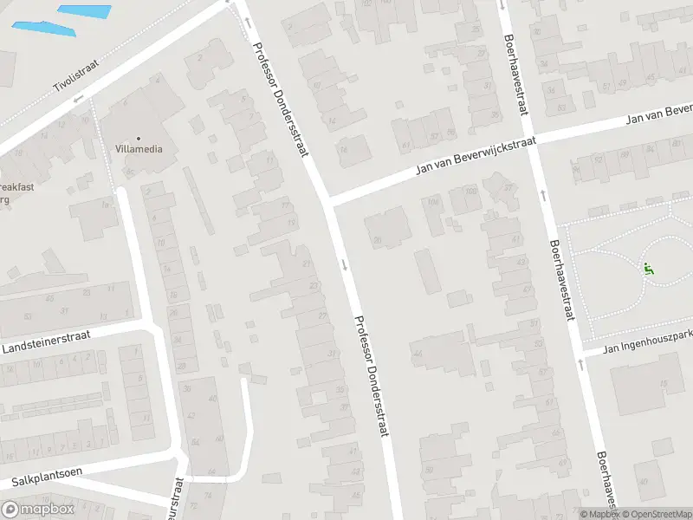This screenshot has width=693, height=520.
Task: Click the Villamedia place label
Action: coord(139,149)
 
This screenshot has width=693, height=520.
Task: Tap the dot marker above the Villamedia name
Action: coord(139,138)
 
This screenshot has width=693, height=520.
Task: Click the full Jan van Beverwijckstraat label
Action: coord(476,155)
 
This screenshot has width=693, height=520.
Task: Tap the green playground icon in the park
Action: coord(648,269)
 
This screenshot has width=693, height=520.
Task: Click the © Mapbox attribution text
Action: coord(599,514)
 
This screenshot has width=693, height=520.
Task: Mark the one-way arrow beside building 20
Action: coord(345,263)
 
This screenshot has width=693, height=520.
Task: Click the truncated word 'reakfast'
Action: coord(19,186)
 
